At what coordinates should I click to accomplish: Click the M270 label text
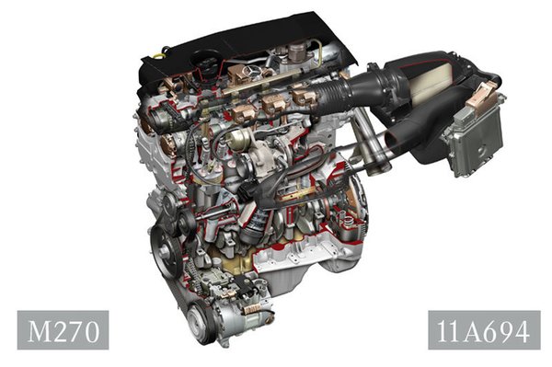tap(63, 330)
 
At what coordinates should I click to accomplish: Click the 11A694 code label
tap(483, 331)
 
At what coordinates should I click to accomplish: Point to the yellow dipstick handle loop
tap(159, 56)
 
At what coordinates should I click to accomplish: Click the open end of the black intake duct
tap(394, 140)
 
